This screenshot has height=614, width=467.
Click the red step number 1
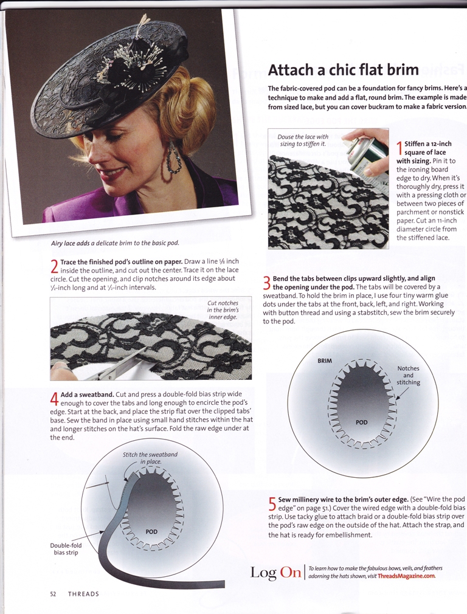400,148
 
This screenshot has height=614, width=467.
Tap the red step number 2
54,267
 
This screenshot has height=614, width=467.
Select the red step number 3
266,283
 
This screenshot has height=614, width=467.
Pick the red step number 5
272,503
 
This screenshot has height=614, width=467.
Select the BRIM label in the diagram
325,360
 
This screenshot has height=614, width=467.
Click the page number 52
54,594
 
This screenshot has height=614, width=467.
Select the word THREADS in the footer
83,594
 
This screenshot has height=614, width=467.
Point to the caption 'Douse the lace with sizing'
303,140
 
